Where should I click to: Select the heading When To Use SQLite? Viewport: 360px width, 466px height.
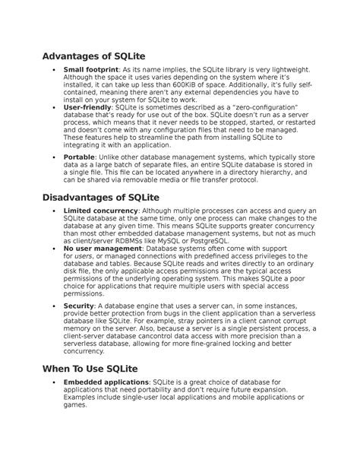coord(95,368)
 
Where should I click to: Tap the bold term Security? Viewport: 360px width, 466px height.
coord(80,306)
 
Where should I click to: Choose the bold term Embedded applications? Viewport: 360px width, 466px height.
coord(107,382)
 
